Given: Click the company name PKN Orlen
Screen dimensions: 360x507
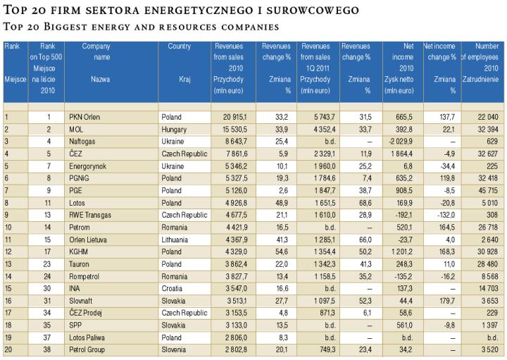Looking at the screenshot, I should [84, 116].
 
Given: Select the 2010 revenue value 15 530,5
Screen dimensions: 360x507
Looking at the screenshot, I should [232, 130].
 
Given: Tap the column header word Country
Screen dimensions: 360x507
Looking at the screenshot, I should [180, 46].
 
